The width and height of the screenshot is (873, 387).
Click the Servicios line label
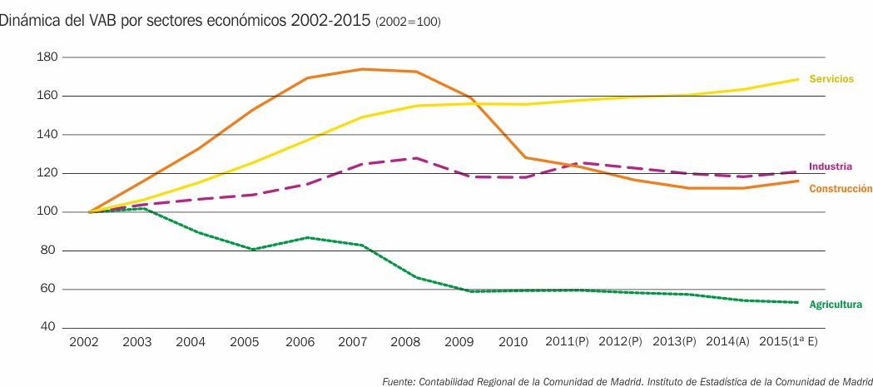tap(831, 79)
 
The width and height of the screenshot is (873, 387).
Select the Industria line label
tap(830, 166)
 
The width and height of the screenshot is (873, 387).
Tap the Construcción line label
tap(841, 189)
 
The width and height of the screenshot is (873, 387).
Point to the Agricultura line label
tap(836, 305)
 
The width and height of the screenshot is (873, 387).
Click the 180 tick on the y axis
tap(47, 57)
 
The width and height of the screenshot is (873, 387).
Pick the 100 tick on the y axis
tap(47, 212)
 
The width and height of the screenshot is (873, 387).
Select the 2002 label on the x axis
tap(84, 342)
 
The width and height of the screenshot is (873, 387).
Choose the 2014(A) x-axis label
tap(727, 342)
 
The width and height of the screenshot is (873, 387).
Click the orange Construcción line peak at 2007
tap(361, 69)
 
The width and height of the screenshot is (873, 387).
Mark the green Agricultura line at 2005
tap(252, 249)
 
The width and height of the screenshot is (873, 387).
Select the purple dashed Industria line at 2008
tap(415, 158)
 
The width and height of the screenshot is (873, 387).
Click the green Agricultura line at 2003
tap(143, 208)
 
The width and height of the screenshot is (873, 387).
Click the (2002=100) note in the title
tap(408, 21)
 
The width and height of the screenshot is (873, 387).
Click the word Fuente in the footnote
tap(398, 381)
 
